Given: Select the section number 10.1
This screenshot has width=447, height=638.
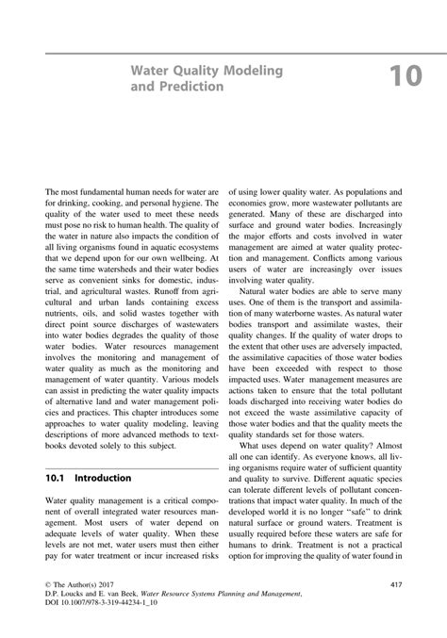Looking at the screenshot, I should coord(60,479).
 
